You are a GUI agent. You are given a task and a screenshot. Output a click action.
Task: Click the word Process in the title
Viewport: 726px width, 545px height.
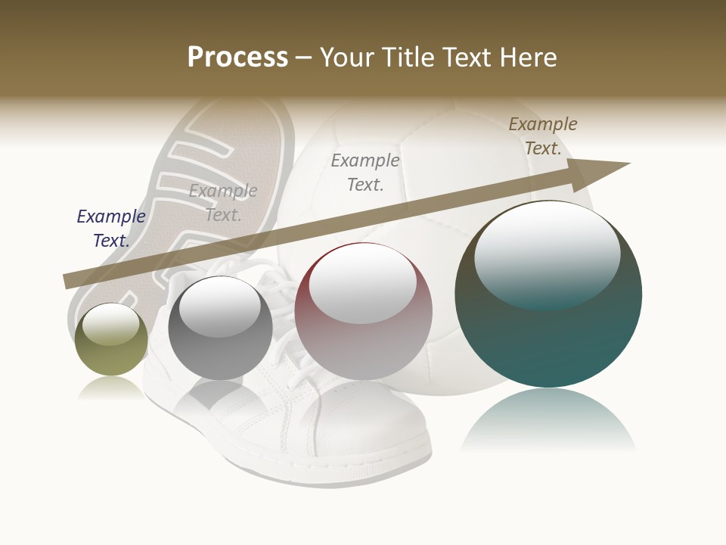(x=237, y=57)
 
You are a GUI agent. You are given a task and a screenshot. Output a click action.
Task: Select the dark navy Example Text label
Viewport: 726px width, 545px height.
(x=111, y=229)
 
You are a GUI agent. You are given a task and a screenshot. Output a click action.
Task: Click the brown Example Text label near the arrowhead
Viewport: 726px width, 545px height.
(x=543, y=136)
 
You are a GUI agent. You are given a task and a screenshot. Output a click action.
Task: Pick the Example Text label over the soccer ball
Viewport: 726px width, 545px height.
(x=365, y=173)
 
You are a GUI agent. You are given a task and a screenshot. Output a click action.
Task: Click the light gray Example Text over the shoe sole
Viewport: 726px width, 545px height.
(x=223, y=203)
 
